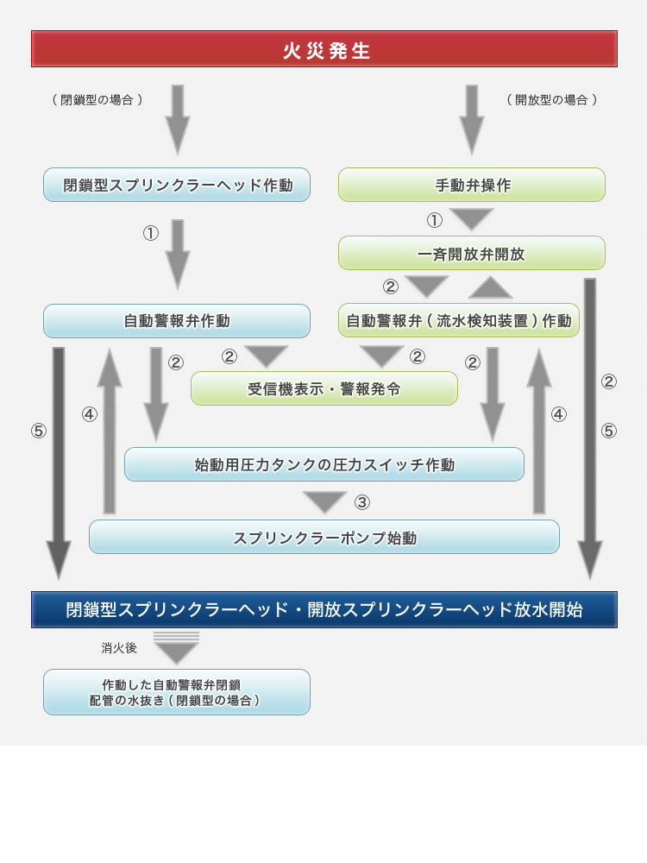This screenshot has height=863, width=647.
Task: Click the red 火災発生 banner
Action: tap(324, 49)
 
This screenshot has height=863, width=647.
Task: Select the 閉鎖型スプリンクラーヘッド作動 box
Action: tap(177, 185)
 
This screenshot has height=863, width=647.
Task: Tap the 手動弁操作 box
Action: tap(472, 185)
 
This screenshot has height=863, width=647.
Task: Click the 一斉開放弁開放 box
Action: tap(472, 253)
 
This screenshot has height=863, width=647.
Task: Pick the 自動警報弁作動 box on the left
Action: tap(177, 321)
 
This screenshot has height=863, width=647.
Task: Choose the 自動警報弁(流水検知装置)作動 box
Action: tap(459, 321)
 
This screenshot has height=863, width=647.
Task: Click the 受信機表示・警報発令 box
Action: tap(324, 388)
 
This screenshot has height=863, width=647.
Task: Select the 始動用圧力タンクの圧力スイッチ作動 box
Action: tap(324, 464)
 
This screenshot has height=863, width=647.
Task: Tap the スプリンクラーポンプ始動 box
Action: tap(324, 537)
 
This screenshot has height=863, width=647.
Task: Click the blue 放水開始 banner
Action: tap(324, 609)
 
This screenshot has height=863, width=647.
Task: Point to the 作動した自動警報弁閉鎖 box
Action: tap(177, 692)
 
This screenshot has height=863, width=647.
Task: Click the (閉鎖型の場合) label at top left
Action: tap(97, 100)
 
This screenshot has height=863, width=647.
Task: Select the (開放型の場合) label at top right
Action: tap(551, 100)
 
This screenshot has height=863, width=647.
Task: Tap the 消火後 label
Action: tap(119, 647)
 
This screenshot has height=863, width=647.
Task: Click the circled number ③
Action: tap(362, 502)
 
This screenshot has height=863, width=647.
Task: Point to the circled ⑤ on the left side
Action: tap(39, 431)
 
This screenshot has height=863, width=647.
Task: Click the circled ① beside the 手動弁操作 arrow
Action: tap(435, 220)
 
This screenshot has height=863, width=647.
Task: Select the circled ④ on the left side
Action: tap(90, 414)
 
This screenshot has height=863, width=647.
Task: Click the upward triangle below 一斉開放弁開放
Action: tap(491, 287)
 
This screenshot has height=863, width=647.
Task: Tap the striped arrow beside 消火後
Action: tap(176, 648)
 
